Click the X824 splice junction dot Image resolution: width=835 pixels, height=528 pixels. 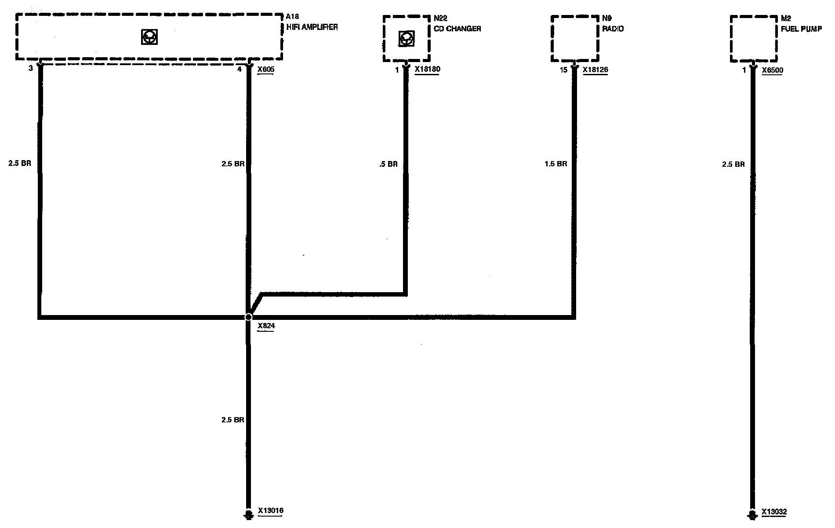[248, 317]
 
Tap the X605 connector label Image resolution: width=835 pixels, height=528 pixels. [265, 70]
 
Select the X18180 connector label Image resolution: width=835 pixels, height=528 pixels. [427, 70]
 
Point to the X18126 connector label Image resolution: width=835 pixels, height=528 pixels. [595, 70]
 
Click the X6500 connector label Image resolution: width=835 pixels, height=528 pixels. [772, 70]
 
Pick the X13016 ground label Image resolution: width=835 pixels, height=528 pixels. [270, 511]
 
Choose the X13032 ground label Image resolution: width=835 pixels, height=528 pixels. [774, 512]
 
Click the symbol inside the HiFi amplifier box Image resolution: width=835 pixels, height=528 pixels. [149, 37]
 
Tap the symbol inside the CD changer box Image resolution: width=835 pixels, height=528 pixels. [406, 39]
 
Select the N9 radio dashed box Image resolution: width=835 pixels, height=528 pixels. [575, 39]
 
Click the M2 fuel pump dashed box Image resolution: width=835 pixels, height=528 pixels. [754, 39]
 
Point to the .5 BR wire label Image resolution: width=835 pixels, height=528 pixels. [388, 164]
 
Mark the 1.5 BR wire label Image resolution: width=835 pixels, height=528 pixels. [555, 164]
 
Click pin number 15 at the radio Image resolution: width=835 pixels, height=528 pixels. [564, 70]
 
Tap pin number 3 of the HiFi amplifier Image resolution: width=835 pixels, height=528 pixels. [30, 69]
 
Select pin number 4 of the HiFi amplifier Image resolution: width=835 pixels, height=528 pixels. [240, 69]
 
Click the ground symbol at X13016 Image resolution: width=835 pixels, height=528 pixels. [248, 514]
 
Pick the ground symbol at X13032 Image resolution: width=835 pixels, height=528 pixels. [752, 515]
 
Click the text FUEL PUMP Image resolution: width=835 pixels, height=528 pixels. [801, 29]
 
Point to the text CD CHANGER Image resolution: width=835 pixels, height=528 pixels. [457, 29]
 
